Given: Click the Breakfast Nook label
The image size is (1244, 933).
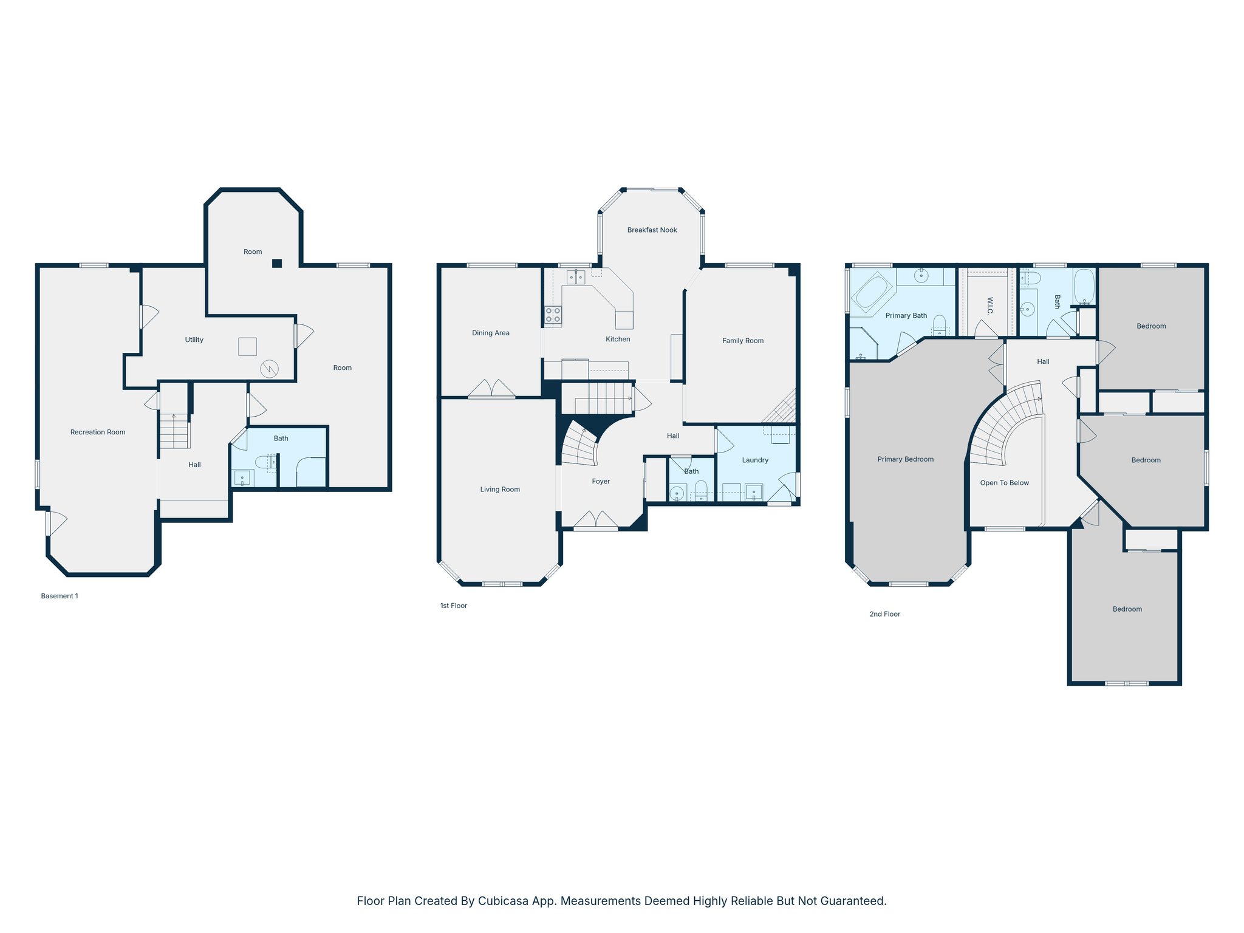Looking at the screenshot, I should (x=652, y=230).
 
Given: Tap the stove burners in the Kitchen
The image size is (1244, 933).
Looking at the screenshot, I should (x=553, y=315).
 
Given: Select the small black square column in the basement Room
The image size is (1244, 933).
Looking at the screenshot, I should (x=277, y=263).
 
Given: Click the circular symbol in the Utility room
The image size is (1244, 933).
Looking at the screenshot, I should (x=269, y=368).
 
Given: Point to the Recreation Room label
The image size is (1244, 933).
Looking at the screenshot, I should (x=98, y=432).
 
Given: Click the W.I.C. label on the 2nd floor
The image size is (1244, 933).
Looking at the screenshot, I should (x=989, y=306).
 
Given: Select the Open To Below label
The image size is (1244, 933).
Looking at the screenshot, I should (x=1004, y=483).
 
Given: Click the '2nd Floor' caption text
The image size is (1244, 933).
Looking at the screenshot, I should (x=884, y=614).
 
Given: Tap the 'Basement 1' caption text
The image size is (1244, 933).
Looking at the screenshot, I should (x=60, y=596).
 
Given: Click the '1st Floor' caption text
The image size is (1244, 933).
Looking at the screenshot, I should (x=453, y=606).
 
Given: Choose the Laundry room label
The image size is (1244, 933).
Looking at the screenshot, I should (x=755, y=460).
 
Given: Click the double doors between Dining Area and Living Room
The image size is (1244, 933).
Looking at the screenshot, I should (x=491, y=389).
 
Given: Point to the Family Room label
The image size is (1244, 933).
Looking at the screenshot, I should (x=743, y=341).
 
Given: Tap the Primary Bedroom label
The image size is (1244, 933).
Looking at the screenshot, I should (x=905, y=459).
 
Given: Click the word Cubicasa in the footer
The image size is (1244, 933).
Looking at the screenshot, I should (x=502, y=901).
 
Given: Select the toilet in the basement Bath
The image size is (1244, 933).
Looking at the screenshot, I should (x=266, y=463).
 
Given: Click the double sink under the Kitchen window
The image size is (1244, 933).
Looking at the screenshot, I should (x=575, y=278).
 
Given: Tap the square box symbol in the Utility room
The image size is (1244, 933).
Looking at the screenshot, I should (x=247, y=346).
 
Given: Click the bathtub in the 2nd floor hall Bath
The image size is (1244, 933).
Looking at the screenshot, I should (x=1084, y=286).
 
